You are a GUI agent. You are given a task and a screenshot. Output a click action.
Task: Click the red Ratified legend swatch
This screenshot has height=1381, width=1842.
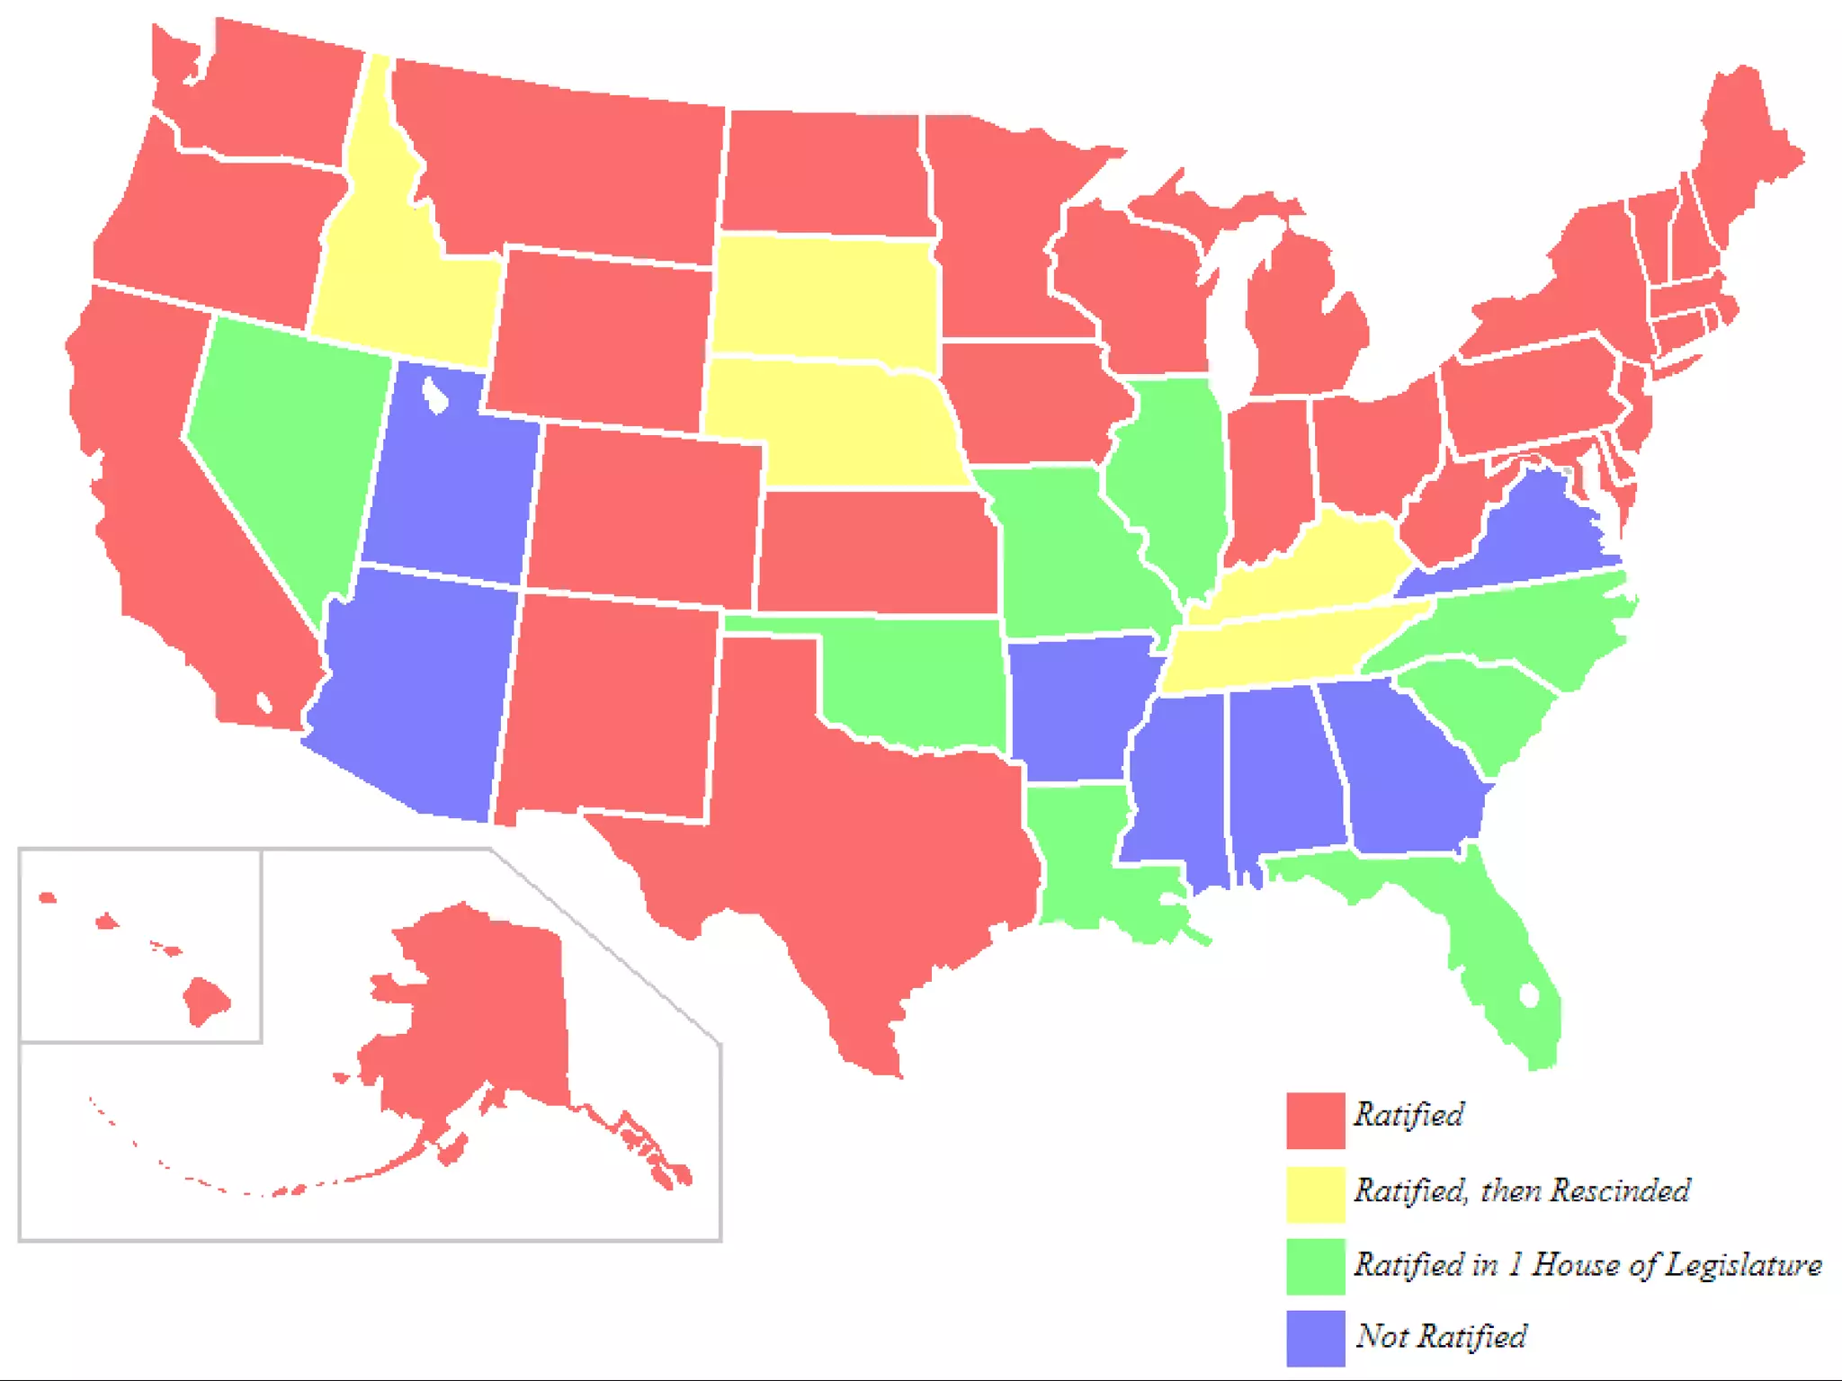1315,1120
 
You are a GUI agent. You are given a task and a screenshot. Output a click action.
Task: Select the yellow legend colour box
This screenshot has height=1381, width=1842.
1315,1194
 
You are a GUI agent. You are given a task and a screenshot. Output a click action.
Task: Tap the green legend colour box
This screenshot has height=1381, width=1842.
1315,1266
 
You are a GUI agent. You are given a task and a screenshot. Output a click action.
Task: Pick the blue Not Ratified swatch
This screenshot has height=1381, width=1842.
1315,1338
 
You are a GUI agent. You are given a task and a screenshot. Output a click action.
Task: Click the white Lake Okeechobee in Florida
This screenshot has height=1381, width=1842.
1529,995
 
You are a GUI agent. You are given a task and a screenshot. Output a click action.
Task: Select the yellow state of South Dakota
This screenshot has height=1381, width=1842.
823,297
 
